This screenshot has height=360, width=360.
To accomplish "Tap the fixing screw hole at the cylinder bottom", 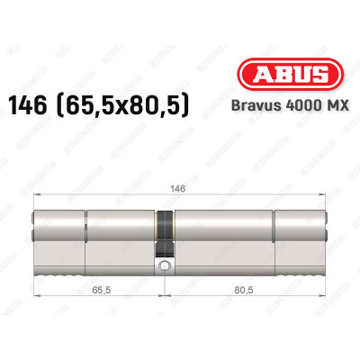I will click(166, 266).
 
